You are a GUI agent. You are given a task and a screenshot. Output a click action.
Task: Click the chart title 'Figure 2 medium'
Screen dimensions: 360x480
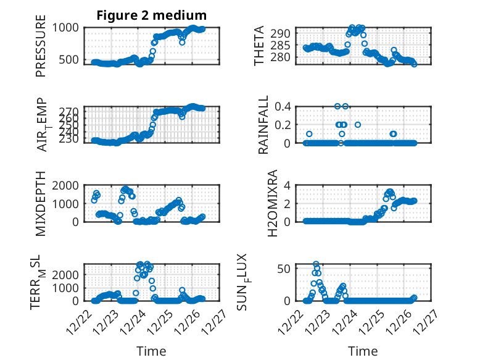point(151,15)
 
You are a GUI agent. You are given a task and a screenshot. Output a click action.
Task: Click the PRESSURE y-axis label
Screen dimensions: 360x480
point(41,51)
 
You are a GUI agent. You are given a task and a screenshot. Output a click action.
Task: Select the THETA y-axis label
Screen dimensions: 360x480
point(259,46)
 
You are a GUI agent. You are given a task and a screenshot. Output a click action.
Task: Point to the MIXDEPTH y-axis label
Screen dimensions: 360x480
point(41,203)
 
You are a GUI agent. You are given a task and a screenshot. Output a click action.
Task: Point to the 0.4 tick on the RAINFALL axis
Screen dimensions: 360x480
point(282,106)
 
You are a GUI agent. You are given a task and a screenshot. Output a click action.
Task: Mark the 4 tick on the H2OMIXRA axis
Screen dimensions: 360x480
point(287,185)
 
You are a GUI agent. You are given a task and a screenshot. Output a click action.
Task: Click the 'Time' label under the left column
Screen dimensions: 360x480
point(151,351)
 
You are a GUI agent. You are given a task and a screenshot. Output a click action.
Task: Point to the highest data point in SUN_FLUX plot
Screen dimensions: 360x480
point(317,264)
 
